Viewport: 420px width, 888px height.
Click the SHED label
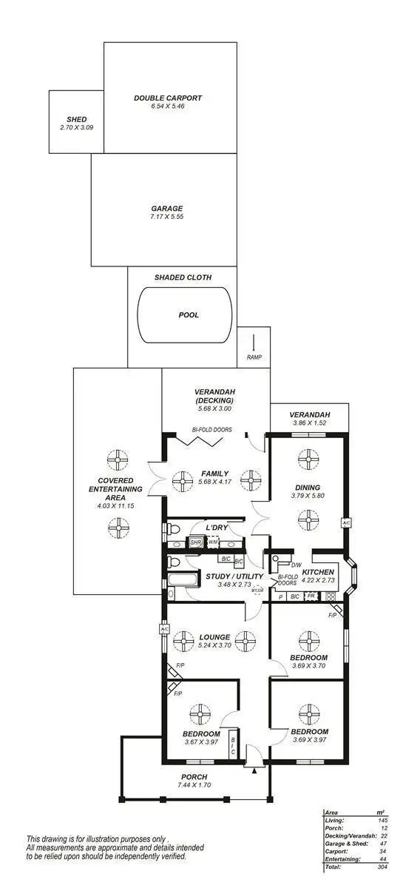(76, 119)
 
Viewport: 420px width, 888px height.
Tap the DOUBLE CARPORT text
(168, 98)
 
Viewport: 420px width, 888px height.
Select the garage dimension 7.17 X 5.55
(168, 218)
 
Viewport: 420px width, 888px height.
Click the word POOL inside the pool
(189, 314)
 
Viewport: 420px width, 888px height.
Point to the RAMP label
(254, 358)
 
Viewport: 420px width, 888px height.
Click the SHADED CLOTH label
(183, 277)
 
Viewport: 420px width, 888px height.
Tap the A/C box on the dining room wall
(346, 523)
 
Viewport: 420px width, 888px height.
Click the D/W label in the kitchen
(296, 565)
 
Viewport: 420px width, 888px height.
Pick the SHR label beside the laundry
(196, 542)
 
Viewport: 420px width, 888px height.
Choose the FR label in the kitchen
(311, 596)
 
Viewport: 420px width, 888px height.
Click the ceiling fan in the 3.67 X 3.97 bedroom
(198, 715)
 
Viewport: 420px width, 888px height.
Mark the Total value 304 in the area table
(382, 867)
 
